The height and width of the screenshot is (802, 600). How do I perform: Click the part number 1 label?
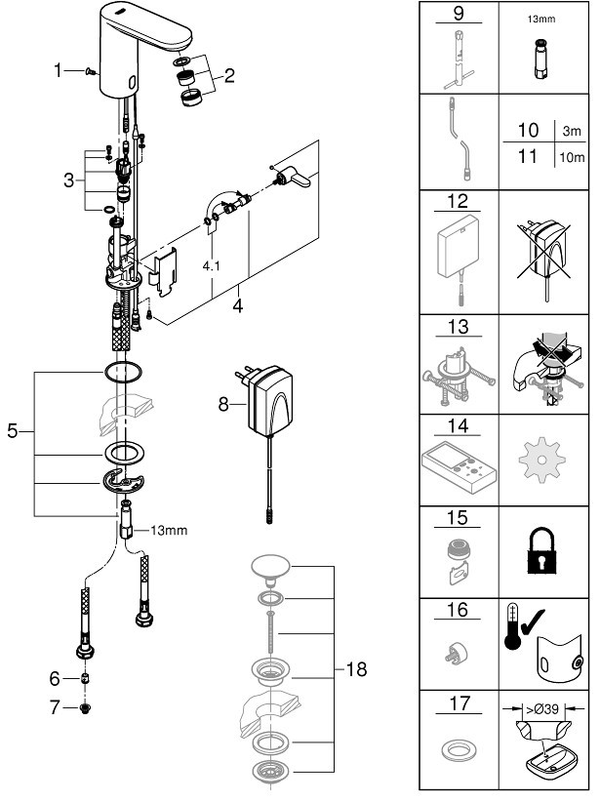58,70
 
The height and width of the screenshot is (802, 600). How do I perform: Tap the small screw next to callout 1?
91,71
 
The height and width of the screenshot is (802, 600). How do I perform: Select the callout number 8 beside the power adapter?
223,404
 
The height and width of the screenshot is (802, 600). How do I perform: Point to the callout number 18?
356,669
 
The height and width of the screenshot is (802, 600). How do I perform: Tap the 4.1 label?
211,266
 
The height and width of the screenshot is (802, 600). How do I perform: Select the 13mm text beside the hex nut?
169,531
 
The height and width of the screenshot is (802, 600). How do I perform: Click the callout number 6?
55,678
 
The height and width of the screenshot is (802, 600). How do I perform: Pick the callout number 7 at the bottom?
55,706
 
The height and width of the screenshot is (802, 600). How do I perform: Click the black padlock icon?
541,551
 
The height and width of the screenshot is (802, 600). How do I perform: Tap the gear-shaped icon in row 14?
541,459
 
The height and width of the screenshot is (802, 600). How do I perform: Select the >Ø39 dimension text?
542,709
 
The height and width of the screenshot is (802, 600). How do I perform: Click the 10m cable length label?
572,157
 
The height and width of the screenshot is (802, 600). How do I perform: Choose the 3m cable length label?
572,131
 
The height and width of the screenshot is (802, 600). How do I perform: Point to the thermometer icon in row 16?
512,627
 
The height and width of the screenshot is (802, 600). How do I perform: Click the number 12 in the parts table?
458,201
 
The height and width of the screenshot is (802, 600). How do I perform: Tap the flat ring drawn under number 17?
458,751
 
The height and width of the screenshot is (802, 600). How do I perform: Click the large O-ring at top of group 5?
123,372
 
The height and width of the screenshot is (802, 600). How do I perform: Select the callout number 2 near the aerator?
229,76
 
